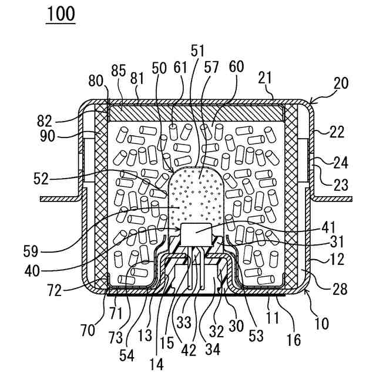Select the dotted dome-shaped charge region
(197, 194)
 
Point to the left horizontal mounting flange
(59, 199)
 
